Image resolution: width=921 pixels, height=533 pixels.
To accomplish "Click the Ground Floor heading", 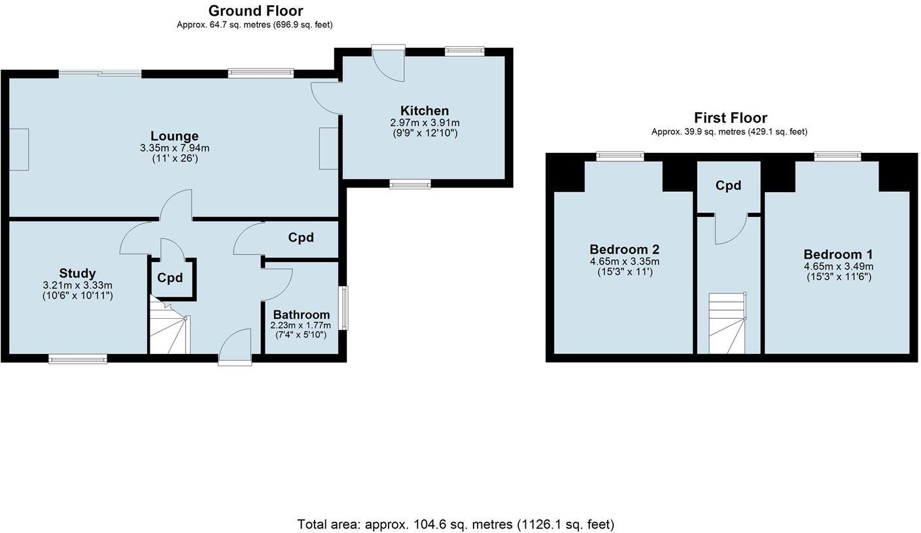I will click(255, 11).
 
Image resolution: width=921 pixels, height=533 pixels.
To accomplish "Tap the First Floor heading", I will click(730, 118).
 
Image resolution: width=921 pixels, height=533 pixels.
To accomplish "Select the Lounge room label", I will click(174, 136).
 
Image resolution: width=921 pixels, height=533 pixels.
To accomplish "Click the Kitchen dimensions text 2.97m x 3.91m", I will click(425, 123).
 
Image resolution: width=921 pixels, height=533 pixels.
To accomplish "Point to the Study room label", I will click(77, 273).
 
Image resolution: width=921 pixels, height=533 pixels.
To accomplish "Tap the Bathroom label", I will click(301, 314).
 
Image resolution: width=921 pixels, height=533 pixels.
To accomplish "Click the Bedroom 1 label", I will click(838, 254).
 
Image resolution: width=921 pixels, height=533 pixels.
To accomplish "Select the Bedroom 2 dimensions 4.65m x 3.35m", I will click(624, 261).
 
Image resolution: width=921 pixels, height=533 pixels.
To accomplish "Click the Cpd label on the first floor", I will click(728, 186).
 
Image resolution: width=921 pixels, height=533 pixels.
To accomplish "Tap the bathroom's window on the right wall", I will click(343, 307).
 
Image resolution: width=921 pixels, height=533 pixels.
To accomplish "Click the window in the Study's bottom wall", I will click(77, 358).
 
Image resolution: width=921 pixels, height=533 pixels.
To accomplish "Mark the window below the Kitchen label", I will click(410, 184).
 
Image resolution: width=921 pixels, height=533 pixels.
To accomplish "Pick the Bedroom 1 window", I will click(837, 156).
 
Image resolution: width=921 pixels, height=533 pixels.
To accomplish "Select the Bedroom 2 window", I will click(619, 156).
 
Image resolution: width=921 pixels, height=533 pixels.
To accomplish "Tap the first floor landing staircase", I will click(727, 323).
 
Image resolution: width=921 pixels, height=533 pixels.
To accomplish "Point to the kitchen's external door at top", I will click(389, 64).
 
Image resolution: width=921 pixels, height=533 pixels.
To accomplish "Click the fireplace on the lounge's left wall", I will click(18, 149).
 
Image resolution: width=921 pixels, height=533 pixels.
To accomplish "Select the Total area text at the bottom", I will click(455, 524).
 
